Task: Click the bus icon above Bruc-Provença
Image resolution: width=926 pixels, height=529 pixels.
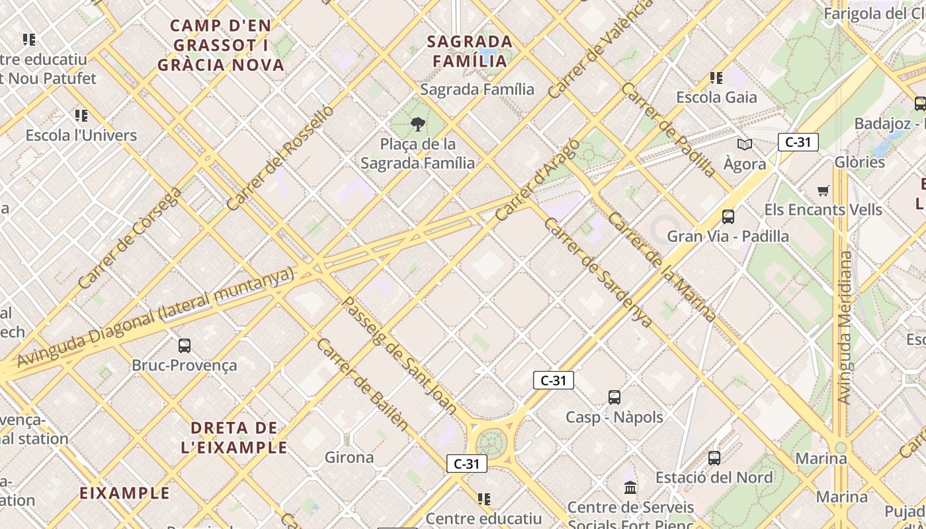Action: [x=185, y=345]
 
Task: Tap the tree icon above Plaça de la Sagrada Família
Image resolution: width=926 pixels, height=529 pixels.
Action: [x=417, y=124]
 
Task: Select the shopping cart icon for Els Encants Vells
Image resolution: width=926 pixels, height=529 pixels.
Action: [x=823, y=191]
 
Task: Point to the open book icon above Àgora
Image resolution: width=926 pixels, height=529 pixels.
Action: [x=745, y=144]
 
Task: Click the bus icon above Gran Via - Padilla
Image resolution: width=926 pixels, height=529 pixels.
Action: [x=728, y=216]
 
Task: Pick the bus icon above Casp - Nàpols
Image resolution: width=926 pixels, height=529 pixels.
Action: [x=614, y=397]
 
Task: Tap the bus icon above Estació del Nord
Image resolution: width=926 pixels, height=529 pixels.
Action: [x=714, y=458]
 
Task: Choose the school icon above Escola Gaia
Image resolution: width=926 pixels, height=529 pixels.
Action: [x=716, y=78]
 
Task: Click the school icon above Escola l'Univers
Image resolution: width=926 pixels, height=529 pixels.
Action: [x=81, y=116]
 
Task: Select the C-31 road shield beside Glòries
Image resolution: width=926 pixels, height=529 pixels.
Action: [x=798, y=142]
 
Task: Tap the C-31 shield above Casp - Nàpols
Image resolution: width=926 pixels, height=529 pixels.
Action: [x=554, y=380]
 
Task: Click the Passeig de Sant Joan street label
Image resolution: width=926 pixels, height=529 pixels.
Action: [x=400, y=356]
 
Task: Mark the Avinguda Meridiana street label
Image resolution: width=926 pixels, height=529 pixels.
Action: [x=844, y=327]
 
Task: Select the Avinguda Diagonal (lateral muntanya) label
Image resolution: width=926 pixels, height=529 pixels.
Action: [x=155, y=317]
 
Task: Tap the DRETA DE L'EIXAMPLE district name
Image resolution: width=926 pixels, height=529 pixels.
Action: [x=234, y=437]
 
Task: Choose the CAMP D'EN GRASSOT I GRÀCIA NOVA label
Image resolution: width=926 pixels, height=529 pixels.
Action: [x=221, y=45]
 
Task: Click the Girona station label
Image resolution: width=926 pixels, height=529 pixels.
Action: [x=349, y=457]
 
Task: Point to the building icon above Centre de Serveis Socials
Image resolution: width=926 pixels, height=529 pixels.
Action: [x=630, y=488]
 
